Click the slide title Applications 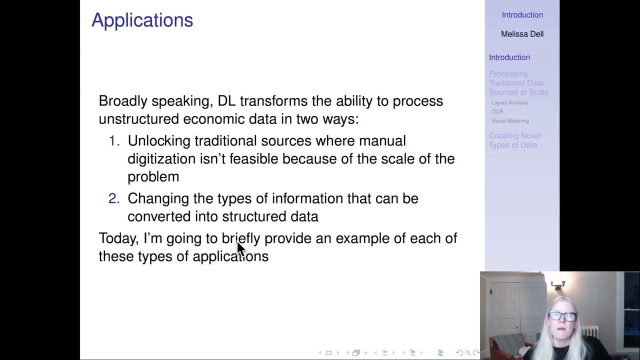(x=142, y=20)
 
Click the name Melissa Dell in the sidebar (x=522, y=34)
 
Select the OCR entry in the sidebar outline (x=497, y=111)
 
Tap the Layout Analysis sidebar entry (x=509, y=102)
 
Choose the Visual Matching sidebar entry (x=509, y=120)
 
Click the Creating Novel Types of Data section (x=514, y=140)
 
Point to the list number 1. (x=114, y=141)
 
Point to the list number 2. (x=114, y=198)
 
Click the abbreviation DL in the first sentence (x=226, y=101)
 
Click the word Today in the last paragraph (x=118, y=238)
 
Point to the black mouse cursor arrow (x=240, y=248)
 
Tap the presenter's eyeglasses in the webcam (x=562, y=316)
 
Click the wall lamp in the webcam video (x=558, y=285)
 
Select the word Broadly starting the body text (x=123, y=101)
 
